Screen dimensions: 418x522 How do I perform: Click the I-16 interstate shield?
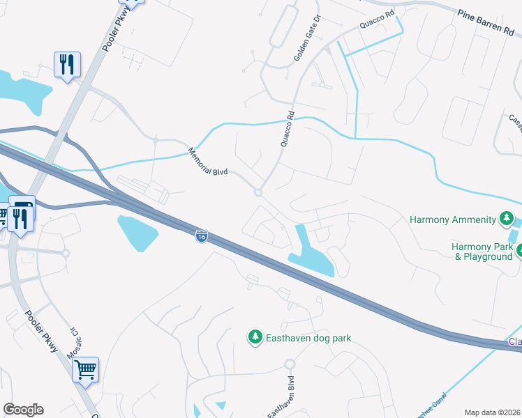tap(201, 237)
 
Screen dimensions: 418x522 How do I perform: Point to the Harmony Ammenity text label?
tap(454, 220)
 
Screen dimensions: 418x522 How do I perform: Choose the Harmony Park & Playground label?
tap(482, 251)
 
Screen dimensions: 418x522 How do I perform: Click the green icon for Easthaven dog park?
tap(255, 338)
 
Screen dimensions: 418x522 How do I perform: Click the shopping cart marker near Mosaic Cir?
tap(85, 369)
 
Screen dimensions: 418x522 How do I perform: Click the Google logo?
tap(23, 410)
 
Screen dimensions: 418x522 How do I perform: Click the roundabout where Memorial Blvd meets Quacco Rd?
tap(258, 192)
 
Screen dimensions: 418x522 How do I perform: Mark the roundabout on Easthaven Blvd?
tap(290, 364)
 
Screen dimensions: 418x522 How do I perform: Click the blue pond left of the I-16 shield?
tap(143, 233)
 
